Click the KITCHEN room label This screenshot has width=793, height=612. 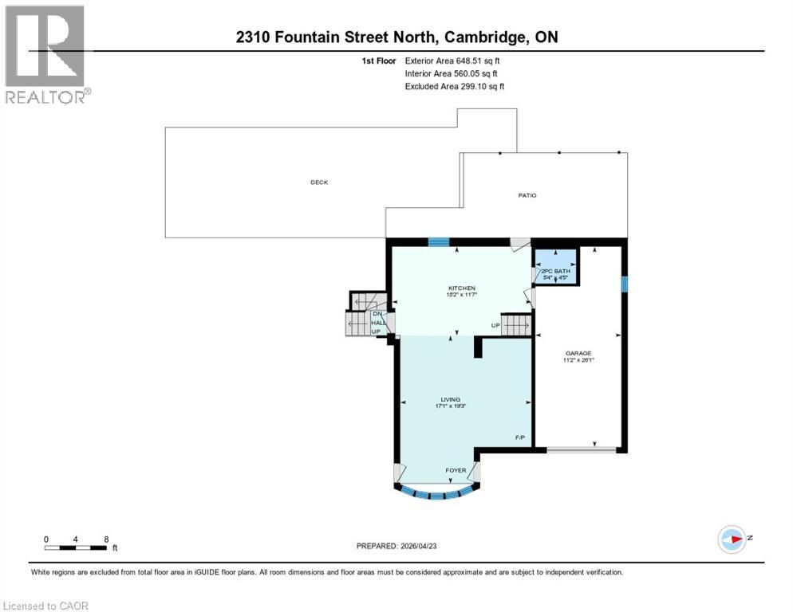pyautogui.click(x=462, y=288)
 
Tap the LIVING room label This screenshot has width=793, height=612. pyautogui.click(x=451, y=399)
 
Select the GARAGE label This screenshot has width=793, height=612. pyautogui.click(x=578, y=353)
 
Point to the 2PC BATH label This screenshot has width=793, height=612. pyautogui.click(x=555, y=272)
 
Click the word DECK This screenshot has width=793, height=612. pyautogui.click(x=319, y=182)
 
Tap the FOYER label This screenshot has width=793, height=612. pyautogui.click(x=456, y=470)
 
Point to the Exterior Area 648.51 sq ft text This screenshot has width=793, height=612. pyautogui.click(x=452, y=61)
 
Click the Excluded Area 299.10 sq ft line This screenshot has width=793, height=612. pyautogui.click(x=455, y=86)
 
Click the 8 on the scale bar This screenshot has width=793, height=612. pyautogui.click(x=105, y=539)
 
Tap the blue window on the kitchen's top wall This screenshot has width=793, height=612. pyautogui.click(x=438, y=242)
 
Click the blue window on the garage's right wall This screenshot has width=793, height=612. pyautogui.click(x=625, y=284)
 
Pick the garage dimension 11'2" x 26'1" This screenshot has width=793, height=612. pyautogui.click(x=578, y=360)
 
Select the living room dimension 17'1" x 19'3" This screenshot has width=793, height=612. pyautogui.click(x=451, y=406)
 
